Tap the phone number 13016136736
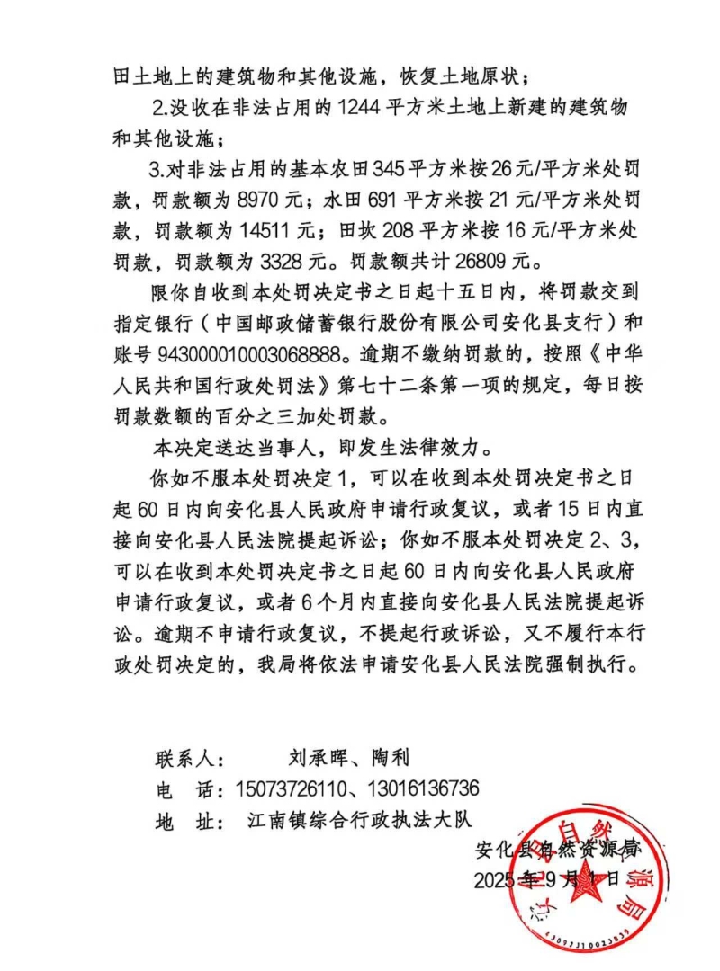click(x=426, y=788)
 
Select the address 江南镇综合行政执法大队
click(x=359, y=820)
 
